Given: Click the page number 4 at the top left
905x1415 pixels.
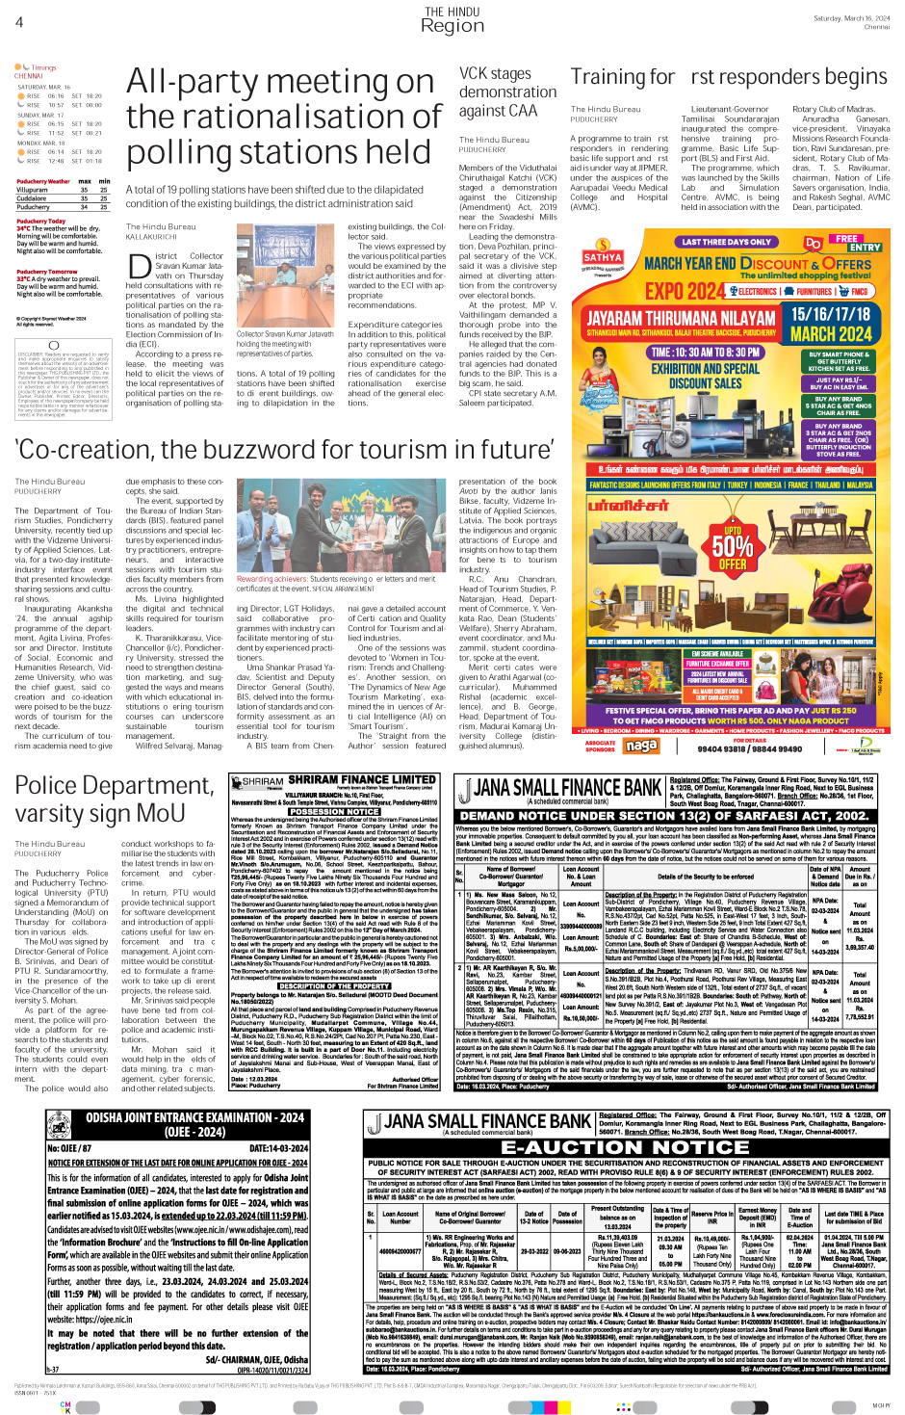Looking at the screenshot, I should click(19, 21).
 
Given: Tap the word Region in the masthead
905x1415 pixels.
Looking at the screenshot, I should click(452, 27).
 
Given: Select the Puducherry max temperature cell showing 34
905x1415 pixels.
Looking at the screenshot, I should click(84, 207).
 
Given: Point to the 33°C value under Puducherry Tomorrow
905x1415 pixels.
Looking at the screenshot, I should click(23, 279).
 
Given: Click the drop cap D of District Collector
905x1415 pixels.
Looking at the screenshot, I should click(139, 263).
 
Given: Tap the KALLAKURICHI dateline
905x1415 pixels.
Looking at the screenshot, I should click(152, 236).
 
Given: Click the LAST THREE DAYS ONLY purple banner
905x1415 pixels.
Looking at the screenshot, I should click(726, 242).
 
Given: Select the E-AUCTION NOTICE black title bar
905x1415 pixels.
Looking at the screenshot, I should click(626, 1147).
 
